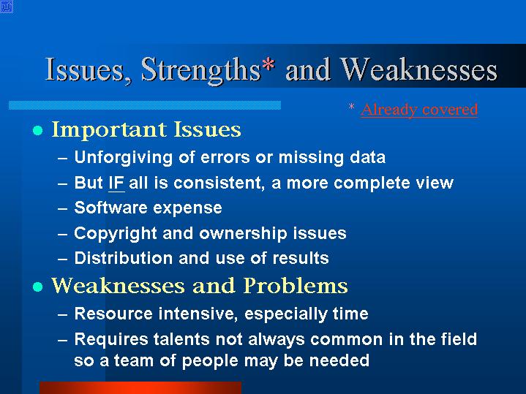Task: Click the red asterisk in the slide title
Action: tap(268, 64)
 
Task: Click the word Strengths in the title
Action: tap(201, 69)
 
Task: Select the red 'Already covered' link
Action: tap(419, 110)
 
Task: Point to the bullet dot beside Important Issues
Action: tap(38, 130)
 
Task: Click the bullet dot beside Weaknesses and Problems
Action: tap(38, 287)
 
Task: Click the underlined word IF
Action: tap(116, 183)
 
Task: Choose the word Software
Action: tap(111, 208)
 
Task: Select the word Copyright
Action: tap(116, 233)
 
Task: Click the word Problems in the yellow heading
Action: tap(296, 286)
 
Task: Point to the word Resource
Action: tap(113, 314)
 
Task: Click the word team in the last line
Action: tap(134, 361)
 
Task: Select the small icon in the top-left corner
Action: tap(7, 7)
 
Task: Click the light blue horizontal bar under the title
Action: tap(145, 105)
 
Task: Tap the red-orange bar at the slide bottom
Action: tap(140, 387)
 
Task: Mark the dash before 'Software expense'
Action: tap(63, 208)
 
